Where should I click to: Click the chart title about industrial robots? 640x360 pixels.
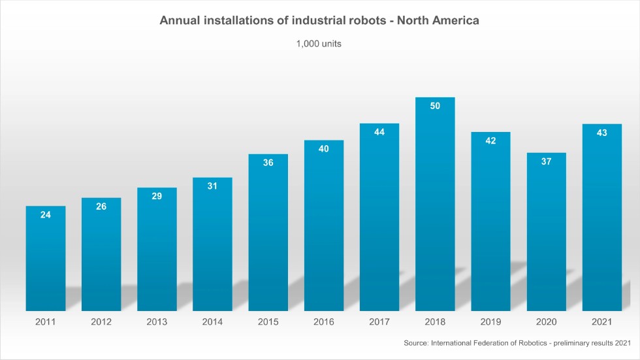[320, 21]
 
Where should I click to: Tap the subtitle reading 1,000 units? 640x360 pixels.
[319, 44]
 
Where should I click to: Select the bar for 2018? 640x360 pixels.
[435, 209]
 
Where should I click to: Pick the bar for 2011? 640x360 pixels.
[46, 261]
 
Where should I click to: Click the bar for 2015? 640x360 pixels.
[268, 235]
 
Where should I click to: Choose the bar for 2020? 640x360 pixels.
[547, 235]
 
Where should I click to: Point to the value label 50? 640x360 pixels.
[435, 106]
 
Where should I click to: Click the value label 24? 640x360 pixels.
[46, 214]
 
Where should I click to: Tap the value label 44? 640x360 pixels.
[379, 132]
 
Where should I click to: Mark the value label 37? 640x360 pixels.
[547, 161]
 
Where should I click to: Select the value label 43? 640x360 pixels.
[602, 133]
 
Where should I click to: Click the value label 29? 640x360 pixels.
[157, 196]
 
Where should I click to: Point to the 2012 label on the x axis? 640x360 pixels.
[101, 322]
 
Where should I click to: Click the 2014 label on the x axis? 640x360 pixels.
[212, 322]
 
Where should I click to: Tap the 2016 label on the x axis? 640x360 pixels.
[324, 322]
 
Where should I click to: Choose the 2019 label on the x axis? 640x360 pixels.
[490, 322]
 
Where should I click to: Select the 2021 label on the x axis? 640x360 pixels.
[602, 322]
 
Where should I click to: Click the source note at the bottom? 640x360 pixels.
[517, 342]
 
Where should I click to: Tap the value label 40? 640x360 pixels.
[324, 149]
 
